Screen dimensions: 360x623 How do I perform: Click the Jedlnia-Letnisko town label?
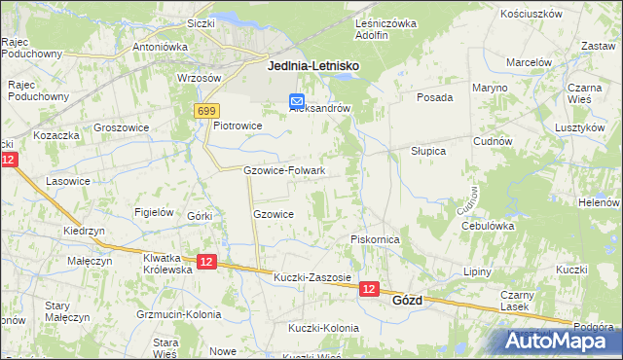point(312,66)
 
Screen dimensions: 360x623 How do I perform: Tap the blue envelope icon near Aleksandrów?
point(297,100)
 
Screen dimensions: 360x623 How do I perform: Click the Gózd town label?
point(407,301)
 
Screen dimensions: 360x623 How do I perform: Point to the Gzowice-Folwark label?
point(283,170)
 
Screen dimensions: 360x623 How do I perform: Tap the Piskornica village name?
point(376,238)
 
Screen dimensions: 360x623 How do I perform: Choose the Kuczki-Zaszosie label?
point(311,277)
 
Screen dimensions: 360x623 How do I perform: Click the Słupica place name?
point(427,151)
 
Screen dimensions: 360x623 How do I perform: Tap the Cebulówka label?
point(488,225)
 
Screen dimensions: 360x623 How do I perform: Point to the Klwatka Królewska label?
point(167,263)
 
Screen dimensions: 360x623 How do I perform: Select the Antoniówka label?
point(160,46)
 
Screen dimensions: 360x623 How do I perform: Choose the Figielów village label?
point(154,212)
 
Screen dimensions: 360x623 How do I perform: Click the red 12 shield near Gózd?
point(368,289)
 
